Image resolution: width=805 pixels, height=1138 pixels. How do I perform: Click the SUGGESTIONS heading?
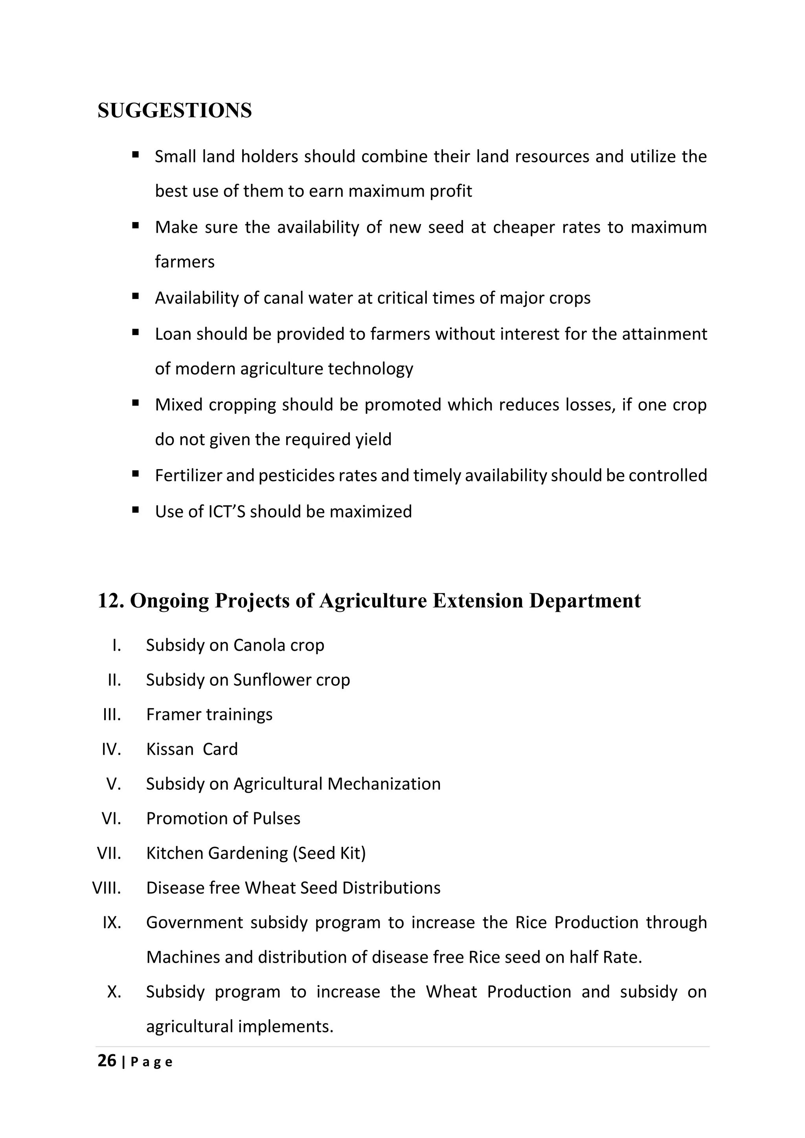(175, 110)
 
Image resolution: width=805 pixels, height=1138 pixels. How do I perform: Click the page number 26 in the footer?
(107, 1061)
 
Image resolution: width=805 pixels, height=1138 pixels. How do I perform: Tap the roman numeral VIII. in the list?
(107, 888)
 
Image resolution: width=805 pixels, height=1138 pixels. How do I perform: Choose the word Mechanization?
(384, 784)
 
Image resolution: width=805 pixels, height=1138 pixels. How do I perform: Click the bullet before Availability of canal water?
(135, 296)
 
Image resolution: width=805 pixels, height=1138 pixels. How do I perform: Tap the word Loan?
(173, 334)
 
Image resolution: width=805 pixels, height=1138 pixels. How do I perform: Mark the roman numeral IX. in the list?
(112, 922)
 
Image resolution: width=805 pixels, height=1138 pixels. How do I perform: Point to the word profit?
(450, 191)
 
